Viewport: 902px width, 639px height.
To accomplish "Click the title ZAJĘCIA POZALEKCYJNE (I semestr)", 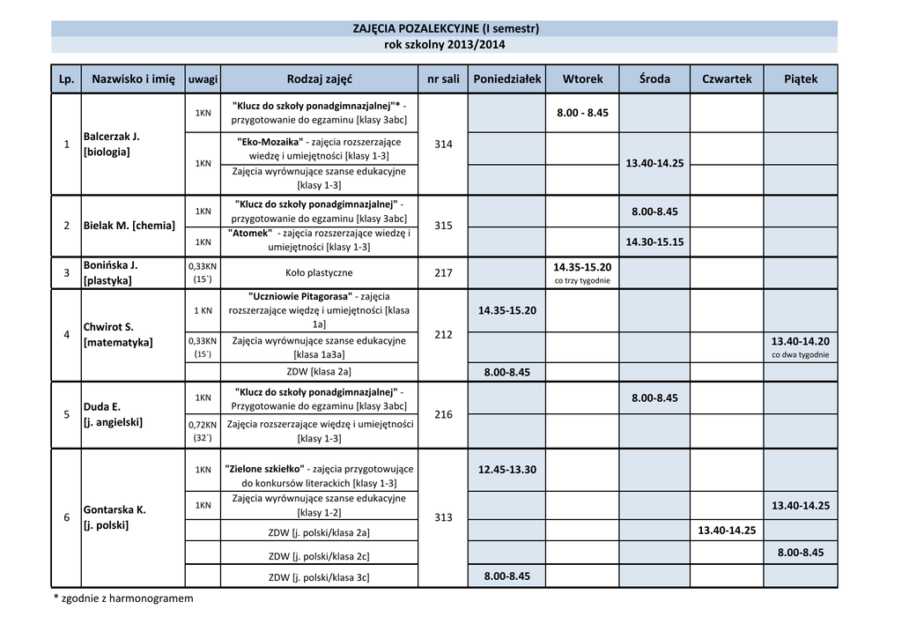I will (445, 28).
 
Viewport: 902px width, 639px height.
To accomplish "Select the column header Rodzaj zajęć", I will (319, 78).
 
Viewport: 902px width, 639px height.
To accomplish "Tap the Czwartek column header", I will (727, 78).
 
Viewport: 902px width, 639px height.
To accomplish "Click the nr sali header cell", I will (443, 78).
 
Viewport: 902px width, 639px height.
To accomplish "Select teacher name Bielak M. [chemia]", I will (129, 226).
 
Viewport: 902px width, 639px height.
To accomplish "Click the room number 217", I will (443, 273).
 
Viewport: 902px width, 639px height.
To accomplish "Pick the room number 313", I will (443, 517).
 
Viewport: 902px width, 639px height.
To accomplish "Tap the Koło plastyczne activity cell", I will (319, 273).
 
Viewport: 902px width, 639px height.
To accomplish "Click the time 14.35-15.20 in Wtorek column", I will (582, 266).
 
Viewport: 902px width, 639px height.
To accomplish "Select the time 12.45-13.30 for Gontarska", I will (506, 470).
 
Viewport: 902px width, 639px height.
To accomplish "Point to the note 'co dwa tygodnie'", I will (800, 355).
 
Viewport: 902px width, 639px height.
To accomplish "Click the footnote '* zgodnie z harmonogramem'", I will (123, 598).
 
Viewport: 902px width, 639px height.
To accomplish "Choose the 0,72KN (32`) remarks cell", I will (203, 431).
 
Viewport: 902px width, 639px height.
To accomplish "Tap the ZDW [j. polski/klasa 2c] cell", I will (319, 555).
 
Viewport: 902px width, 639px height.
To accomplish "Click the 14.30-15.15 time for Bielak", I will (654, 241).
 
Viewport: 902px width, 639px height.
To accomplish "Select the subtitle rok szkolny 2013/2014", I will (445, 45).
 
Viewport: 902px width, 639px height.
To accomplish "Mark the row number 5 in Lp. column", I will (67, 414).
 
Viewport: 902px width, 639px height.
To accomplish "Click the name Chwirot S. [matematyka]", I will (117, 334).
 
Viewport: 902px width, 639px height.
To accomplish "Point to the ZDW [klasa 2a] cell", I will (319, 372).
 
